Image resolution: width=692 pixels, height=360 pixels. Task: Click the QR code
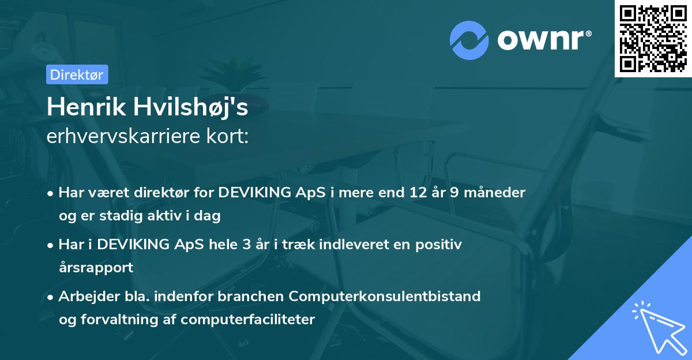653,38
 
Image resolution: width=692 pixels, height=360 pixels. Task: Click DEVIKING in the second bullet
137,245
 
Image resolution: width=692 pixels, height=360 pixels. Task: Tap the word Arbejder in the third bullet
86,297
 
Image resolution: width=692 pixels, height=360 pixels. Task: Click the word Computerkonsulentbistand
385,297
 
